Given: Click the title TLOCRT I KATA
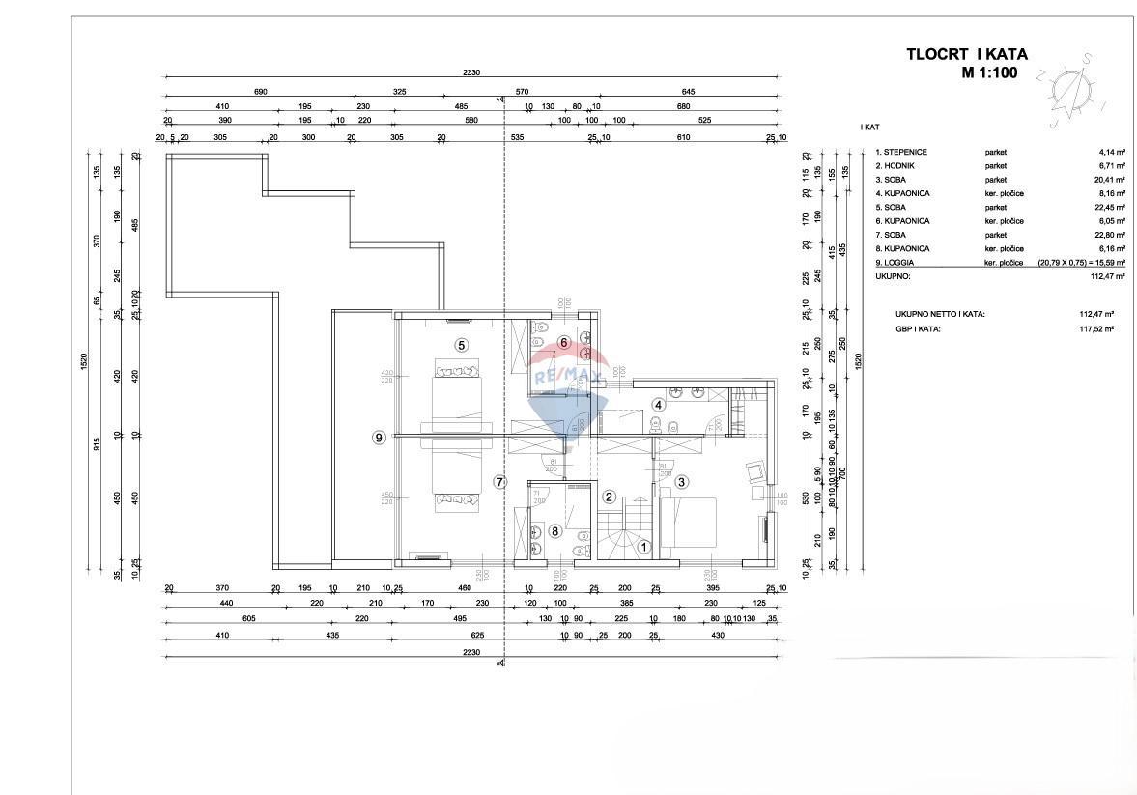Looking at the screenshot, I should [x=966, y=55].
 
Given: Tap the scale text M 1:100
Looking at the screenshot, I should [x=993, y=72].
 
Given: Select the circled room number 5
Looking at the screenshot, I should [x=462, y=345].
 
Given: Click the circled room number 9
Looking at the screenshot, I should [x=380, y=438].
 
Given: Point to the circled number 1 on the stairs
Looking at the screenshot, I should [x=644, y=546].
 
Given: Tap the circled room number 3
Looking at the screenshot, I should [x=681, y=482].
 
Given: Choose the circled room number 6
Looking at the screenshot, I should [x=564, y=342].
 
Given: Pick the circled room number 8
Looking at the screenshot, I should [x=554, y=530].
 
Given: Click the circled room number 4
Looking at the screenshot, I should [x=659, y=405].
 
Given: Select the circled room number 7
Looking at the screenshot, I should [x=499, y=482].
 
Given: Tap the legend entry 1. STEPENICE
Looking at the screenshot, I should [x=901, y=153].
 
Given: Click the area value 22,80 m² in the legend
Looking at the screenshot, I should [x=1096, y=235].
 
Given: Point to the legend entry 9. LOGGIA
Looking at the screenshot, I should [x=896, y=263].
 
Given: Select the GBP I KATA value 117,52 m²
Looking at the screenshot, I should [x=1096, y=328].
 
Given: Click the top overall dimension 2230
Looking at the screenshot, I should [x=471, y=72].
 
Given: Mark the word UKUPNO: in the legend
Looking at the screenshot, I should [x=894, y=276].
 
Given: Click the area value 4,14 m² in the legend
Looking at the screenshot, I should [x=1097, y=153].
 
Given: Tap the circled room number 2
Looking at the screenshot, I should [x=610, y=497].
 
